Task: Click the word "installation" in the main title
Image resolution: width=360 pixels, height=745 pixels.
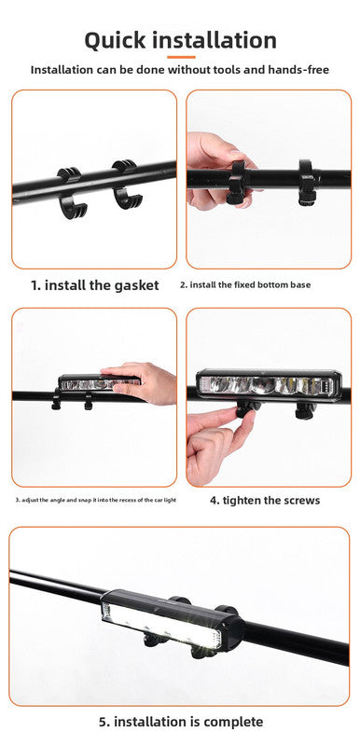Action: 222,40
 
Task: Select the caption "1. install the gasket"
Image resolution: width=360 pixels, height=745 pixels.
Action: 95,285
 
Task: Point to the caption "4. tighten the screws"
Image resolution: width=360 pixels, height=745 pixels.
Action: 265,500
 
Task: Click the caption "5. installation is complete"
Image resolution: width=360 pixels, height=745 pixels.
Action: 181,721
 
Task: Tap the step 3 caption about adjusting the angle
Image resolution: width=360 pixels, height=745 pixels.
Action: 95,501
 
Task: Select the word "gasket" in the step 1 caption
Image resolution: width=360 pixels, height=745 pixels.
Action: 132,285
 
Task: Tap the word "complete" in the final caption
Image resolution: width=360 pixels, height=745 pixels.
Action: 232,721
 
